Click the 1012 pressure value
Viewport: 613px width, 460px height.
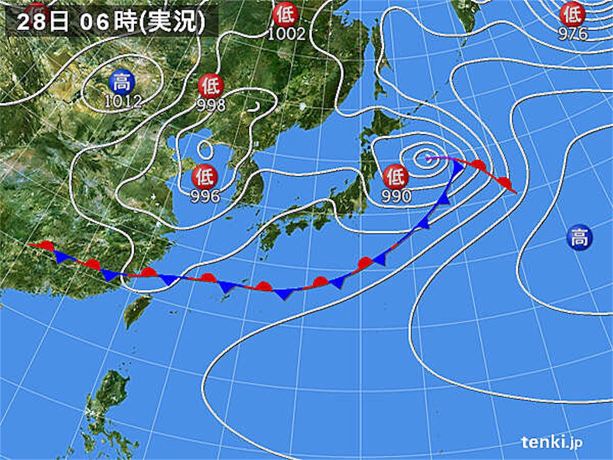123,101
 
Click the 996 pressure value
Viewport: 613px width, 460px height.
204,196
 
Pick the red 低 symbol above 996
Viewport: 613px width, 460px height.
204,177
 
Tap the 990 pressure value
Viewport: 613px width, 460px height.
396,196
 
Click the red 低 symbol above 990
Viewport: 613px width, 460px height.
396,177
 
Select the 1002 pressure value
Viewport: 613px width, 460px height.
286,34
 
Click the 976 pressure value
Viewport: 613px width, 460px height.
573,34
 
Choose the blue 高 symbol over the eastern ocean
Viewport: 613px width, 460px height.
579,239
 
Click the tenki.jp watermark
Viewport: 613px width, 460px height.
551,443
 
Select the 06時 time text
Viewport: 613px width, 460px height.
105,23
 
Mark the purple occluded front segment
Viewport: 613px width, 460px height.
441,159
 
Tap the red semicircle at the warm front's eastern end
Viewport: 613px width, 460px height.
504,182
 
